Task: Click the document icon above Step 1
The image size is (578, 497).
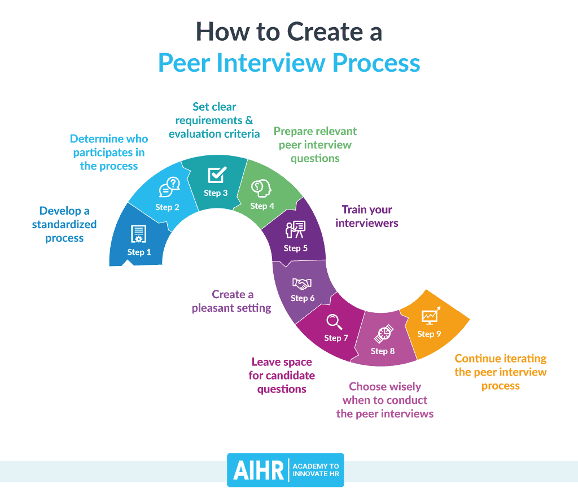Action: pyautogui.click(x=138, y=234)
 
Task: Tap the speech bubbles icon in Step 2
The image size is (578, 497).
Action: pyautogui.click(x=169, y=188)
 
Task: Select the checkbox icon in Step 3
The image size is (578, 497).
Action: pyautogui.click(x=217, y=175)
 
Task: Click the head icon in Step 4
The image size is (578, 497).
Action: pyautogui.click(x=261, y=188)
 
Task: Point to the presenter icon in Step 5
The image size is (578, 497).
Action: pyautogui.click(x=295, y=229)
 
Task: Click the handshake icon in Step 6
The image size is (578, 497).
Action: pyautogui.click(x=302, y=283)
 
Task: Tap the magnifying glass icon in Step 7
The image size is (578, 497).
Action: pyautogui.click(x=335, y=322)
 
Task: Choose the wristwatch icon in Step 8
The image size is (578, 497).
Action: pyautogui.click(x=383, y=333)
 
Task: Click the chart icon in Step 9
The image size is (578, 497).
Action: pyautogui.click(x=431, y=316)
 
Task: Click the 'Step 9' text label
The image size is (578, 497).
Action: pyautogui.click(x=429, y=334)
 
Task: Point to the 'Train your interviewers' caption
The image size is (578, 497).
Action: pyautogui.click(x=367, y=216)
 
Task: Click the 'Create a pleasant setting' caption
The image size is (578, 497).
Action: pyautogui.click(x=232, y=301)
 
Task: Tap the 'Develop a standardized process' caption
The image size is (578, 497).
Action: pyautogui.click(x=64, y=224)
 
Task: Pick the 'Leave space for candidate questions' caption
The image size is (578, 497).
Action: pyautogui.click(x=282, y=376)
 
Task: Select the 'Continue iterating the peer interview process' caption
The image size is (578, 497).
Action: pyautogui.click(x=501, y=372)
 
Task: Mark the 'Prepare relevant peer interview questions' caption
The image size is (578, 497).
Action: pyautogui.click(x=315, y=145)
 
